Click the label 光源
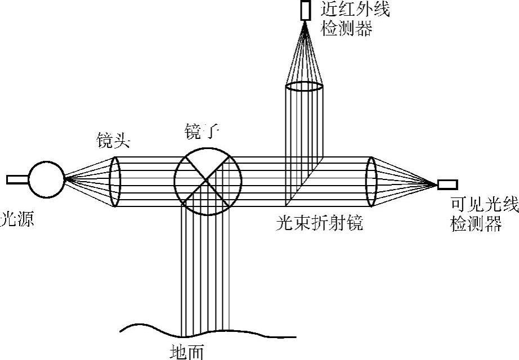click(17, 219)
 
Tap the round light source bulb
click(46, 180)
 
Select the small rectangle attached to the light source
click(17, 180)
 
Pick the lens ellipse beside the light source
click(115, 182)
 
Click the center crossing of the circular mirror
click(208, 181)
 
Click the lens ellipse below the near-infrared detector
click(303, 87)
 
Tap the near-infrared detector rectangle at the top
click(306, 11)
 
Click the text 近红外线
click(355, 10)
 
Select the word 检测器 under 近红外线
click(346, 29)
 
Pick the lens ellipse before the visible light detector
click(370, 182)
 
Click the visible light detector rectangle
click(448, 184)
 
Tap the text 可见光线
click(484, 205)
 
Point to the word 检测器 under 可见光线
click(476, 225)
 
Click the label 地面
click(186, 352)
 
